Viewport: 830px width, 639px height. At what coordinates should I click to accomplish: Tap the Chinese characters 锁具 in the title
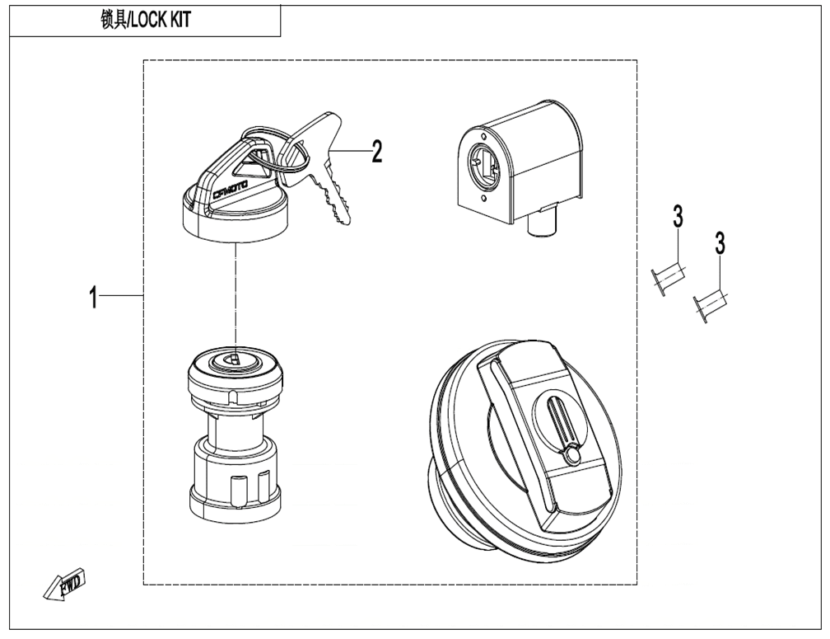tap(111, 21)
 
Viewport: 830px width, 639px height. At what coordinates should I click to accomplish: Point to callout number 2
tap(376, 152)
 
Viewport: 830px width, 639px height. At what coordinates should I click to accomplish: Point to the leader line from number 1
tap(124, 295)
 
